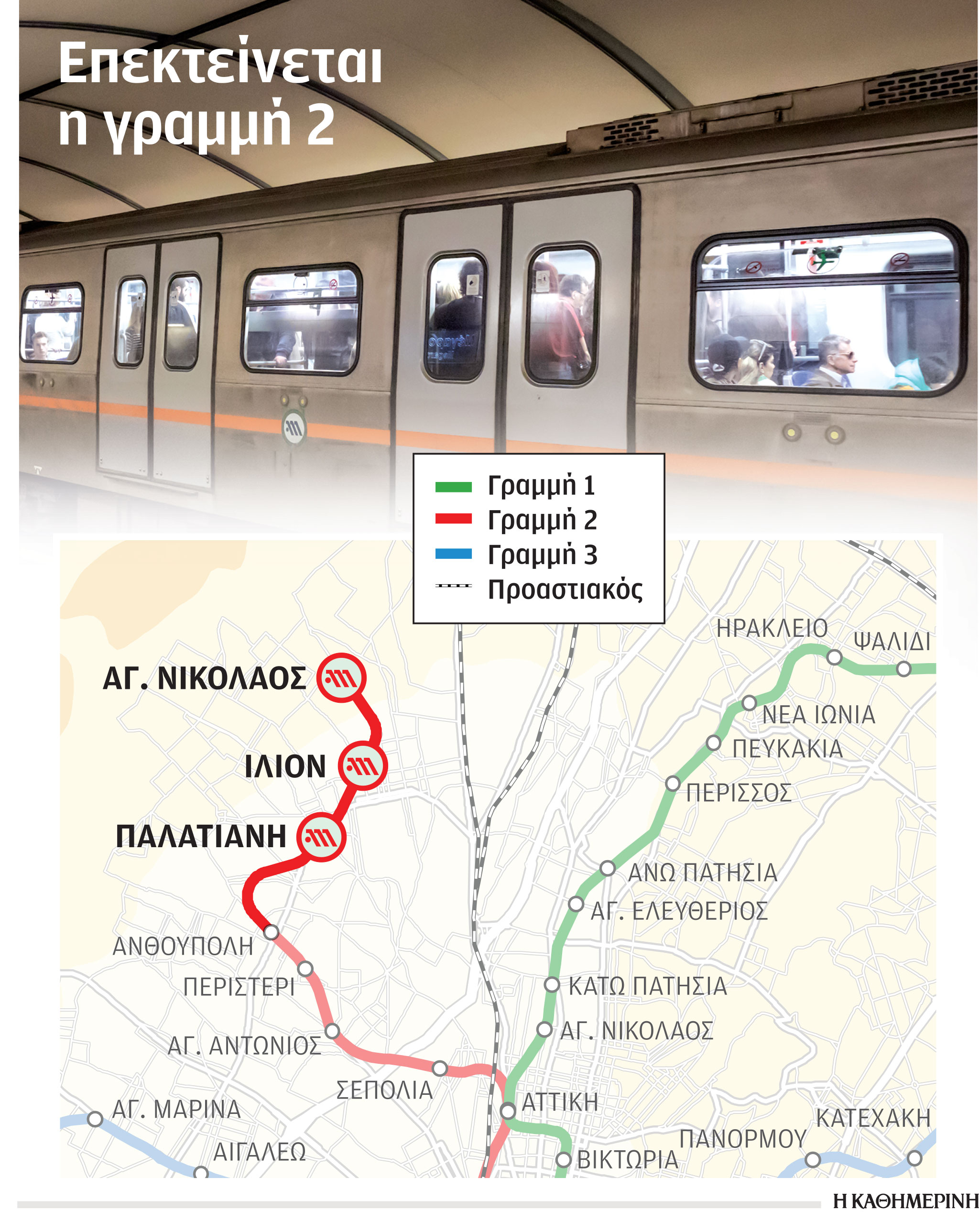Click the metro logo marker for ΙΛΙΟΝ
pos(362,766)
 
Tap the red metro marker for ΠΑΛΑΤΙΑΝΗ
pos(321,837)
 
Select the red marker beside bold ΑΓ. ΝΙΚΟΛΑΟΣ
pos(341,678)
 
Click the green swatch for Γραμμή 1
pos(453,486)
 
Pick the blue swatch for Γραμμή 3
pos(453,554)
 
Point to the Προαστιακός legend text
pos(565,590)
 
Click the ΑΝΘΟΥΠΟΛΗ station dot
pos(272,932)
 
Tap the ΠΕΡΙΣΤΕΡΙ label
pos(239,987)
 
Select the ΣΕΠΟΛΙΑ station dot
pos(439,1069)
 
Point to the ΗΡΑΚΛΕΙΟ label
pos(772,629)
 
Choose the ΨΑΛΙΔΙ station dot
pos(903,669)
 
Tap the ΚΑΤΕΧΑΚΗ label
pos(873,1118)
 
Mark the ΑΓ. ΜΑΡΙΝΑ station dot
pos(95,1119)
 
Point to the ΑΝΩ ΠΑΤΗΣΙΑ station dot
pos(607,869)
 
